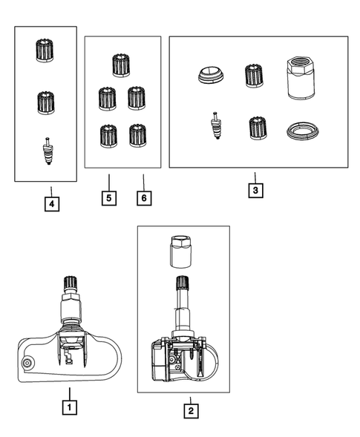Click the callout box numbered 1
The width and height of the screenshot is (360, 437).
pos(70,407)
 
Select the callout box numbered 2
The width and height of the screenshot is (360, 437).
pos(191,410)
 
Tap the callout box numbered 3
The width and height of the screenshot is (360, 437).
pos(255,191)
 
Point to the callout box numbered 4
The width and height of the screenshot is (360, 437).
pos(52,204)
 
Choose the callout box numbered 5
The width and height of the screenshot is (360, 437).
pos(109,198)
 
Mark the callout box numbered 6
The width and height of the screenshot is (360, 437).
pos(144,198)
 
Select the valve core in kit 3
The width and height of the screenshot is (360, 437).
pos(217,125)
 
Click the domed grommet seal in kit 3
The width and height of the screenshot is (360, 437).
pos(212,75)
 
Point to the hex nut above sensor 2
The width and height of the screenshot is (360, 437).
pos(180,252)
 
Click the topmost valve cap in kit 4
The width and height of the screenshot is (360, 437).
pos(45,50)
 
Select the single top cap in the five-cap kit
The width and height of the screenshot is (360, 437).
pos(121,65)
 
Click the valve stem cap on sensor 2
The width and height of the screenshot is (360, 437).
pos(183,283)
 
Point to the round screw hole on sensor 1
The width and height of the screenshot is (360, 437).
pos(27,363)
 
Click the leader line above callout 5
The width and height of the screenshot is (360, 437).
pos(109,183)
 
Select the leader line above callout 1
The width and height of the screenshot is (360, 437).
pos(70,394)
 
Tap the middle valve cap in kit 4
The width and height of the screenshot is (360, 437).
pos(46,102)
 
